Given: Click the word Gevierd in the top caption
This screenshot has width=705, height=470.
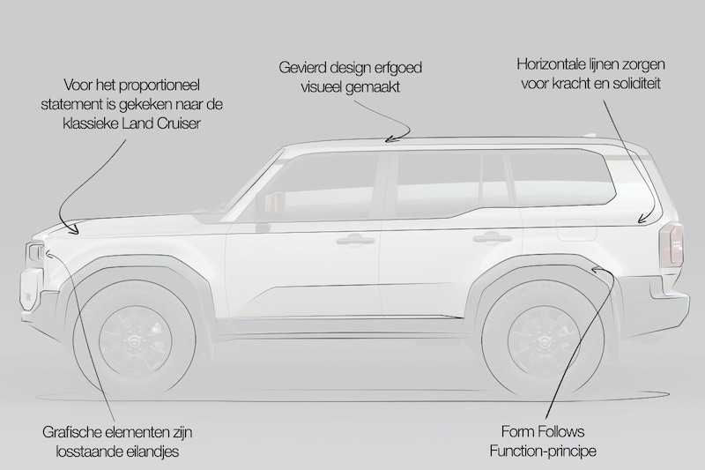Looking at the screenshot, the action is point(302,68).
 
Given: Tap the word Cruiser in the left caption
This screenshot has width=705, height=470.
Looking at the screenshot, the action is point(177,123).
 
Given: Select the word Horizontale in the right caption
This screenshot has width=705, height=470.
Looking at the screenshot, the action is point(552,63).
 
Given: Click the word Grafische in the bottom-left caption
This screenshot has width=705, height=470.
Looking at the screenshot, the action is point(72,432).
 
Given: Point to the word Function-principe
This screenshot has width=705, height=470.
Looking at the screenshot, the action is point(543,451).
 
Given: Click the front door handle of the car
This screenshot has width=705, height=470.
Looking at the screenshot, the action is point(356,240).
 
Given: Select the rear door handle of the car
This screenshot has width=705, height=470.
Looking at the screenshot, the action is point(492,237).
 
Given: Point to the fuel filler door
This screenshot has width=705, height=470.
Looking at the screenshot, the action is point(576,229).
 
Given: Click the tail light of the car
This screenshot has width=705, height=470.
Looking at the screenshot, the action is point(672,245).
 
